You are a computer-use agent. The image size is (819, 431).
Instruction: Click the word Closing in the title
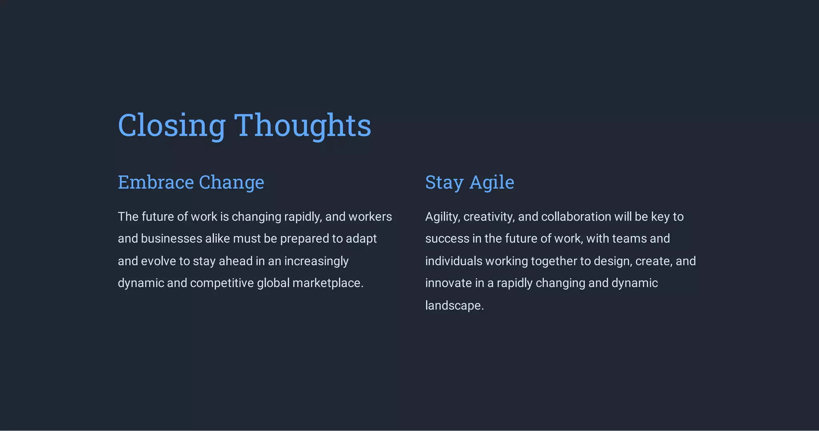[172, 125]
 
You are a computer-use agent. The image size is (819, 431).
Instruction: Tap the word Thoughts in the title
[302, 125]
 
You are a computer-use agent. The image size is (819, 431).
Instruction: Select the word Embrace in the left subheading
[156, 182]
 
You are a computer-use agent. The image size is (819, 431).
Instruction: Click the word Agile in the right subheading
[491, 183]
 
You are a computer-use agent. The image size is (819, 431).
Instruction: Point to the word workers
[370, 217]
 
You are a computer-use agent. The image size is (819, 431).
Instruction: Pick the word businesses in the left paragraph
[171, 239]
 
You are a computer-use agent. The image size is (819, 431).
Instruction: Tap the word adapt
[361, 239]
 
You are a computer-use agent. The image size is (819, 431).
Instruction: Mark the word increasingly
[316, 261]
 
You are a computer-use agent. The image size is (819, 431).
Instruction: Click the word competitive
[222, 283]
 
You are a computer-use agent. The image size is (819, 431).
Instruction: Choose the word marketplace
[328, 283]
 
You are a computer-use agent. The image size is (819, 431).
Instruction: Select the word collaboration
[576, 217]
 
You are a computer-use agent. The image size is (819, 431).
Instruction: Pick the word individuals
[453, 261]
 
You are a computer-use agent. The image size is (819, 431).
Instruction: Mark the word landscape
[454, 306]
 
